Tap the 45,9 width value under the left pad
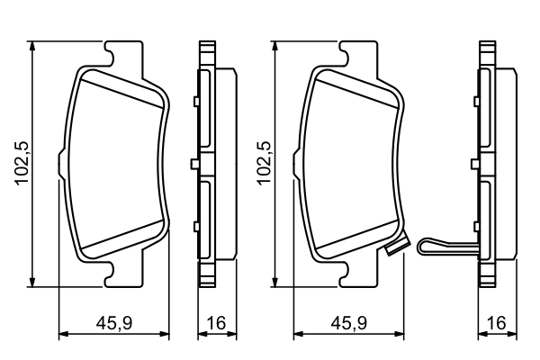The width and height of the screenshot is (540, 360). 113,323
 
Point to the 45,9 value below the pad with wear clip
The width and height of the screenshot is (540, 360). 354,323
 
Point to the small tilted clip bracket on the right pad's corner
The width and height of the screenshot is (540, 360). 393,251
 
